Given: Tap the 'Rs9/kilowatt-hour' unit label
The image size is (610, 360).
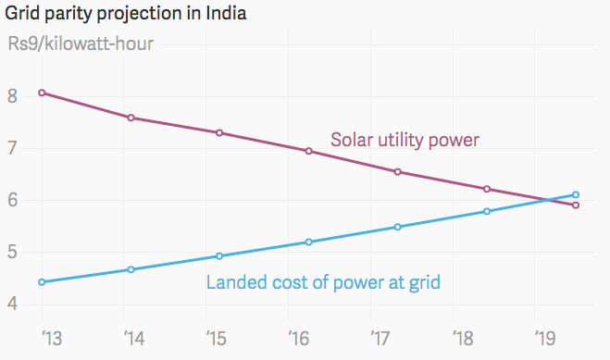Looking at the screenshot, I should (x=81, y=43).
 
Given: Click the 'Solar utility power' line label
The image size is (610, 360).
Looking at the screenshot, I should (x=405, y=141).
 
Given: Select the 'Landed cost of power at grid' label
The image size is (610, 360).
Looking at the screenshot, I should (x=323, y=282).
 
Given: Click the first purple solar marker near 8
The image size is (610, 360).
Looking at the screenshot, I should (x=43, y=93).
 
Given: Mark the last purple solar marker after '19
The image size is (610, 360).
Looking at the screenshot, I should (x=576, y=205).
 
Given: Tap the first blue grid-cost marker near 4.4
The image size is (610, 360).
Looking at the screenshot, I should (x=43, y=281).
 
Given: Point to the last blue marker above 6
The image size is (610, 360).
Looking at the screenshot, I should (x=576, y=194).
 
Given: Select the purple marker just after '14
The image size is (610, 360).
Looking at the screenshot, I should (x=131, y=118).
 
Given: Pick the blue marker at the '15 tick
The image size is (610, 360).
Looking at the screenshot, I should (x=220, y=255).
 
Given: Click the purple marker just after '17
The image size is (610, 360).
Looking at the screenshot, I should (x=398, y=171).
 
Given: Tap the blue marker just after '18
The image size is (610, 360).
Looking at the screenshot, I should (x=487, y=211).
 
